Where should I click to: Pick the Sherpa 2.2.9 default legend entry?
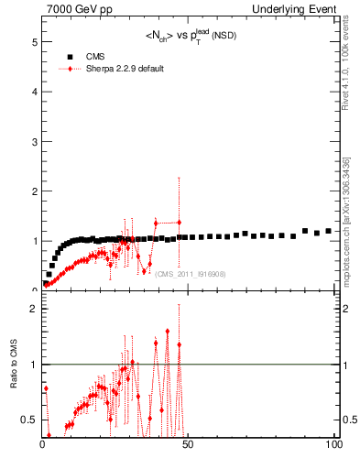114,69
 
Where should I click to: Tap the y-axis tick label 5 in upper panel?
33,42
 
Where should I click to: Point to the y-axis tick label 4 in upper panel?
33,92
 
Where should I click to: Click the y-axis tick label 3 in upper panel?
33,141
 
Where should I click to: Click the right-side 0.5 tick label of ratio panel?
350,420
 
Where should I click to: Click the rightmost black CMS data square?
328,231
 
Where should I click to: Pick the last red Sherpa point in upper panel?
179,222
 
